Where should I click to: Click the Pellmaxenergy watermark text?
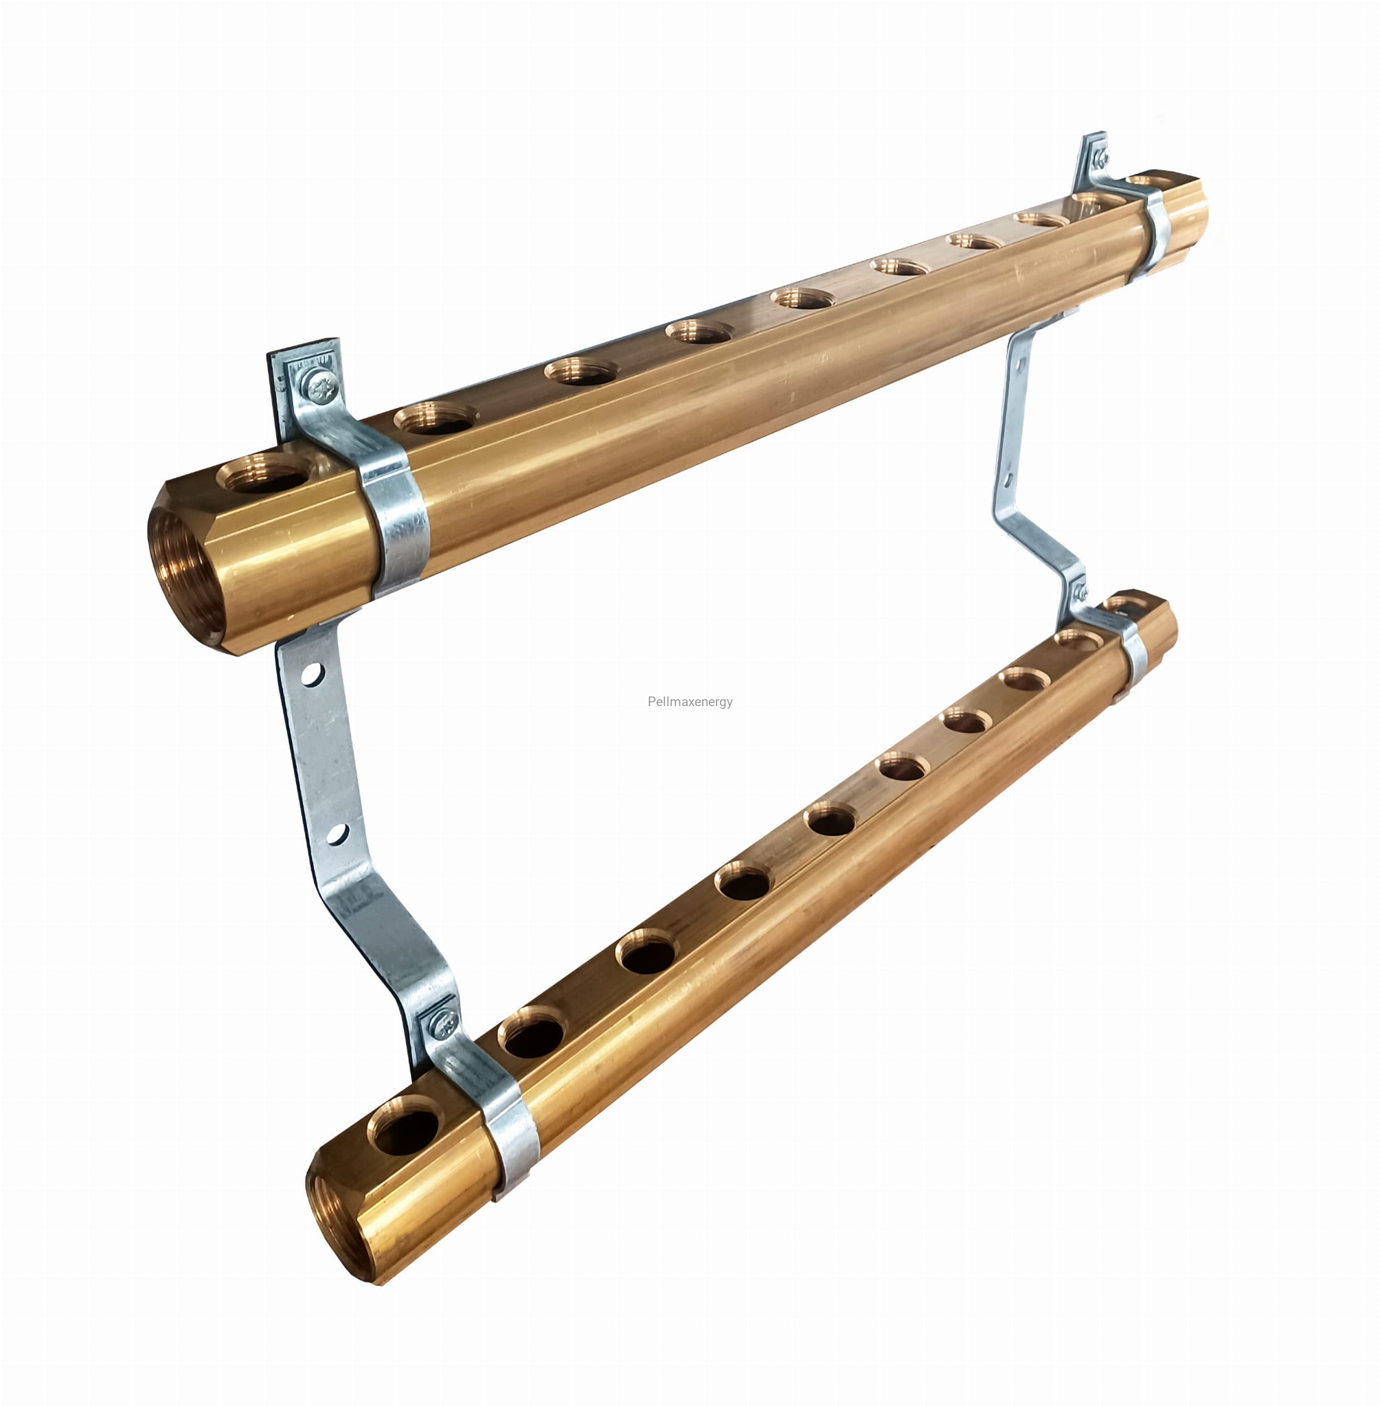coord(690,701)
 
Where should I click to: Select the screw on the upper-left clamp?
coord(320,386)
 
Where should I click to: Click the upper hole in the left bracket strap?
coord(312,674)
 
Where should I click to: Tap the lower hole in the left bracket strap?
coord(337,834)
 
